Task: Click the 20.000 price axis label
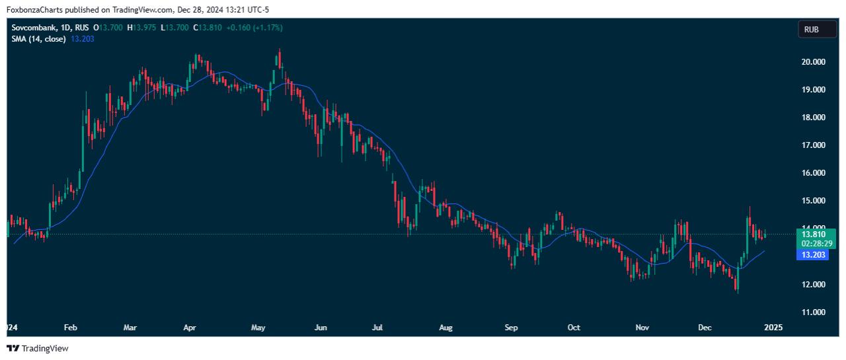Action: point(814,62)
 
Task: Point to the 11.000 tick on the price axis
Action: point(814,312)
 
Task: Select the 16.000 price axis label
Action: point(814,173)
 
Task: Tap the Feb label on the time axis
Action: point(71,328)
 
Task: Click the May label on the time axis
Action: point(258,328)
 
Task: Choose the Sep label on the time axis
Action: point(511,328)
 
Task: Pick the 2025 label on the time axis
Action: point(774,328)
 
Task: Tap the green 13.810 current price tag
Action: point(813,234)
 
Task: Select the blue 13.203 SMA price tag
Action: point(813,255)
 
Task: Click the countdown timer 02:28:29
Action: point(813,244)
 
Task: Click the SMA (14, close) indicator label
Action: point(38,39)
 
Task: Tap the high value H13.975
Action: point(141,28)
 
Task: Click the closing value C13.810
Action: point(207,28)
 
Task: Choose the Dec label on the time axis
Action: point(704,328)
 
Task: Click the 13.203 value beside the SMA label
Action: point(82,39)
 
